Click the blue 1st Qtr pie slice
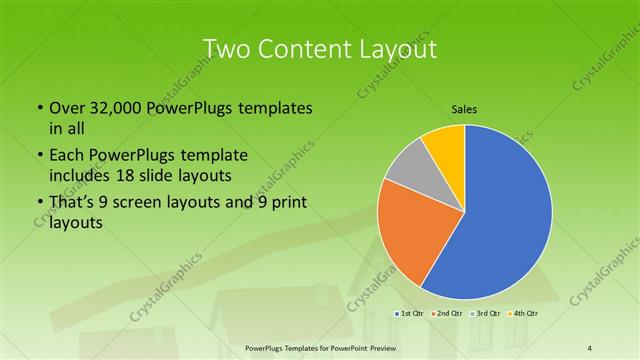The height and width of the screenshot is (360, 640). [x=505, y=215]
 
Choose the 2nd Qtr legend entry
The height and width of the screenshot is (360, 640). [x=449, y=314]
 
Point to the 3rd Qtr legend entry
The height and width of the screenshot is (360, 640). [x=486, y=314]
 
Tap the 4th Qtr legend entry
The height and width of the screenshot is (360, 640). [x=523, y=314]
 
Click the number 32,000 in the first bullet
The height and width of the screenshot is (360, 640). [x=108, y=107]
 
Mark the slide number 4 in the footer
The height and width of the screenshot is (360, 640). [x=589, y=348]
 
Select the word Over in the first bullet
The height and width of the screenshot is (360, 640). [x=62, y=107]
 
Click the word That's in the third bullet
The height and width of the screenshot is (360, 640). [x=71, y=203]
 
